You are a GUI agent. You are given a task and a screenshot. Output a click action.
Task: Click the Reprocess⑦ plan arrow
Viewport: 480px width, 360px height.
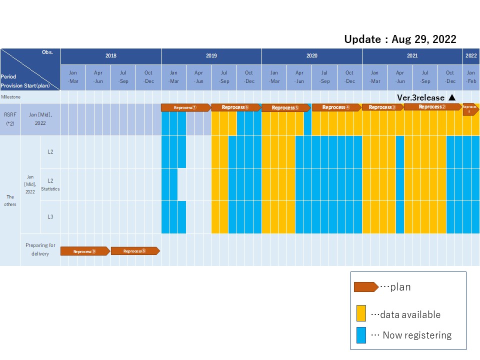[x=185, y=107]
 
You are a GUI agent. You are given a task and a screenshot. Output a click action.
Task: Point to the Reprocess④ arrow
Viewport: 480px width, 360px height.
[x=336, y=107]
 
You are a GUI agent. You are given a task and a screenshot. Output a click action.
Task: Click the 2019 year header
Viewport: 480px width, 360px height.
[x=211, y=56]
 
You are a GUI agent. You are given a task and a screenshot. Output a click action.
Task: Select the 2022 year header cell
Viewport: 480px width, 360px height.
[x=471, y=56]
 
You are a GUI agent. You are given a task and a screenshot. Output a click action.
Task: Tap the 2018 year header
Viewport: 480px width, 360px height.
[x=110, y=56]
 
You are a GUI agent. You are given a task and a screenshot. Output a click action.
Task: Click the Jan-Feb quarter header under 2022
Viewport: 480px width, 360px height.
[x=471, y=77]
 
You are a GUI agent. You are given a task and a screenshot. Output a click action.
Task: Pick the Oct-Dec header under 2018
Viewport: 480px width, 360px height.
[x=148, y=77]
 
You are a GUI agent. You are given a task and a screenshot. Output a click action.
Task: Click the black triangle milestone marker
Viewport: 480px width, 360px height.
[x=452, y=97]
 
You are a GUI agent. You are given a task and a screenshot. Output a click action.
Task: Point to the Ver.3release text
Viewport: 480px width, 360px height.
[x=420, y=97]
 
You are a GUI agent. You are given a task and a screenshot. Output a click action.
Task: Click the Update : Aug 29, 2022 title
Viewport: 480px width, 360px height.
[x=400, y=39]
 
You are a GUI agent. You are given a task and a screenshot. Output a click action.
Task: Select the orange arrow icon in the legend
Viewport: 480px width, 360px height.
[x=365, y=287]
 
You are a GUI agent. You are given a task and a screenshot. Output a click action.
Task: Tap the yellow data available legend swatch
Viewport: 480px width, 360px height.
[x=361, y=313]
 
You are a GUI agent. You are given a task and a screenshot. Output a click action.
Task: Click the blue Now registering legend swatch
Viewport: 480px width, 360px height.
[x=361, y=335]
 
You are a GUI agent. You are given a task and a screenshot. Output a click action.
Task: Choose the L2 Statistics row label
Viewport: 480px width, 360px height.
[x=50, y=184]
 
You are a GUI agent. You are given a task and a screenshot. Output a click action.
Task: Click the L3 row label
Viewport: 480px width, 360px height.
[x=50, y=217]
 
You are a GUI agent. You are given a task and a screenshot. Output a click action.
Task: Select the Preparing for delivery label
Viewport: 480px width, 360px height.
[x=40, y=249]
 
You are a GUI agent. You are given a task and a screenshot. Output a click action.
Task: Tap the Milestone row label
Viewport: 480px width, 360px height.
[x=10, y=97]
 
